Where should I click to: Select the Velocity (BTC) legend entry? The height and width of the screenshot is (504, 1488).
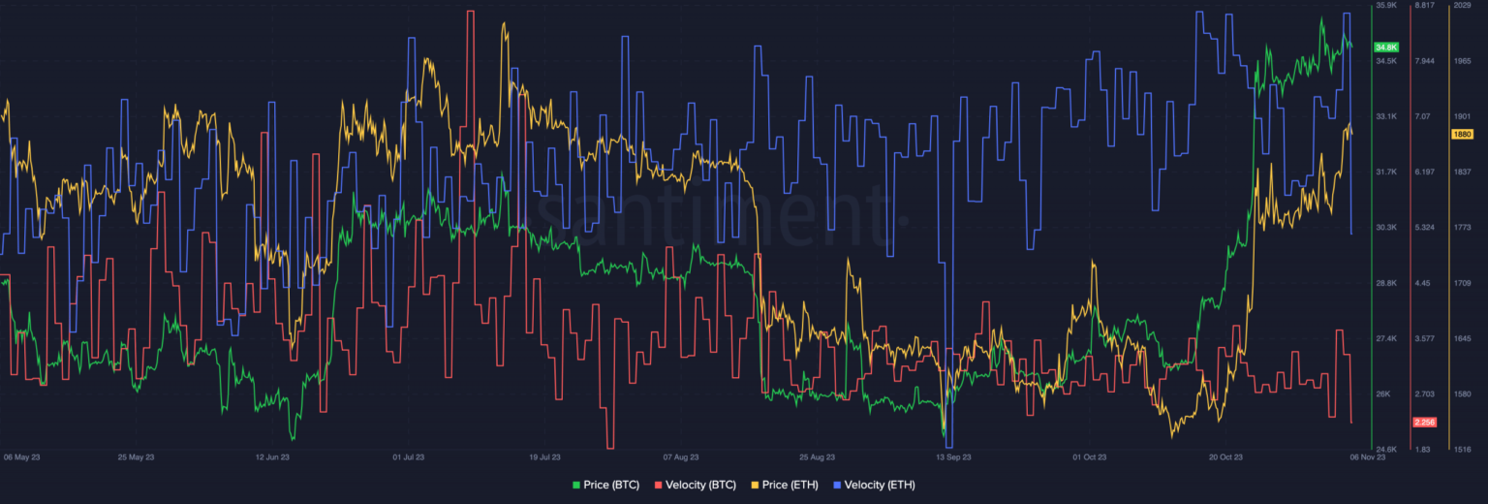click(x=696, y=485)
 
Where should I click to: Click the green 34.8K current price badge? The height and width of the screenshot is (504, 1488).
click(x=1385, y=47)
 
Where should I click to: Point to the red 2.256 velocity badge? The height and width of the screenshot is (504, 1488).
click(x=1424, y=422)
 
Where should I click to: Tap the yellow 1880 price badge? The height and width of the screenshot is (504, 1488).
click(x=1462, y=134)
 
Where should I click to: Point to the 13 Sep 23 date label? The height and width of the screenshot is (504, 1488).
click(x=953, y=457)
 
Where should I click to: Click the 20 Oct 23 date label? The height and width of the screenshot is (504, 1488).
click(x=1225, y=457)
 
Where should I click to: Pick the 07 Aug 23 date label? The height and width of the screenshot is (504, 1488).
click(x=681, y=457)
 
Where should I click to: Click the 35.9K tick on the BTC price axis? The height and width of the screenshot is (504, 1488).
click(x=1385, y=6)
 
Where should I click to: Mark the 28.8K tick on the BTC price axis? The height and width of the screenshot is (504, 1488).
click(x=1386, y=283)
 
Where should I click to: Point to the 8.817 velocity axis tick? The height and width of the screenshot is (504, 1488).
click(x=1424, y=6)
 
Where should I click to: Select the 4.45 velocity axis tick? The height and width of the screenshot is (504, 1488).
click(x=1423, y=283)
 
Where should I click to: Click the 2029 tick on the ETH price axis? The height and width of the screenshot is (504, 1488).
click(x=1462, y=6)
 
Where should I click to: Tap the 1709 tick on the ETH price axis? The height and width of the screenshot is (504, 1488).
click(x=1462, y=283)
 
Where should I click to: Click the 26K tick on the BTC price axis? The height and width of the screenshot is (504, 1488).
click(x=1383, y=394)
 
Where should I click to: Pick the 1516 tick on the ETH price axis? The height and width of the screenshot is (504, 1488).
click(x=1462, y=450)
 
